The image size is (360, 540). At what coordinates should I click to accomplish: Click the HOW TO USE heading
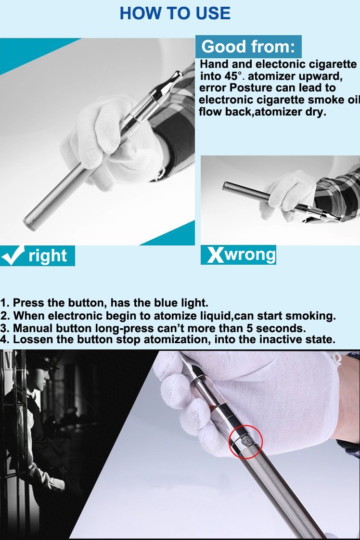[x=175, y=13]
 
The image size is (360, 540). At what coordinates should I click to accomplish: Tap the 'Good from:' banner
[x=248, y=47]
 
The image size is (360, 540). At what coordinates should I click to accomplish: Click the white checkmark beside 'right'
[x=13, y=256]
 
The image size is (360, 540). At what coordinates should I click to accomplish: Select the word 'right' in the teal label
[x=48, y=256]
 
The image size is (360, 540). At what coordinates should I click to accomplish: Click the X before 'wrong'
[x=215, y=255]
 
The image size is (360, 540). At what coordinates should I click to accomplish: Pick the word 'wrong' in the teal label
[x=250, y=255]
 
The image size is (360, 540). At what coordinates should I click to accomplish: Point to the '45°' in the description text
[x=229, y=76]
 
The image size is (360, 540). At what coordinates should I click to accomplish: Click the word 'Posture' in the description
[x=248, y=88]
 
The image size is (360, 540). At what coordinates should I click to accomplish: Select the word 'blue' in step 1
[x=166, y=303]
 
